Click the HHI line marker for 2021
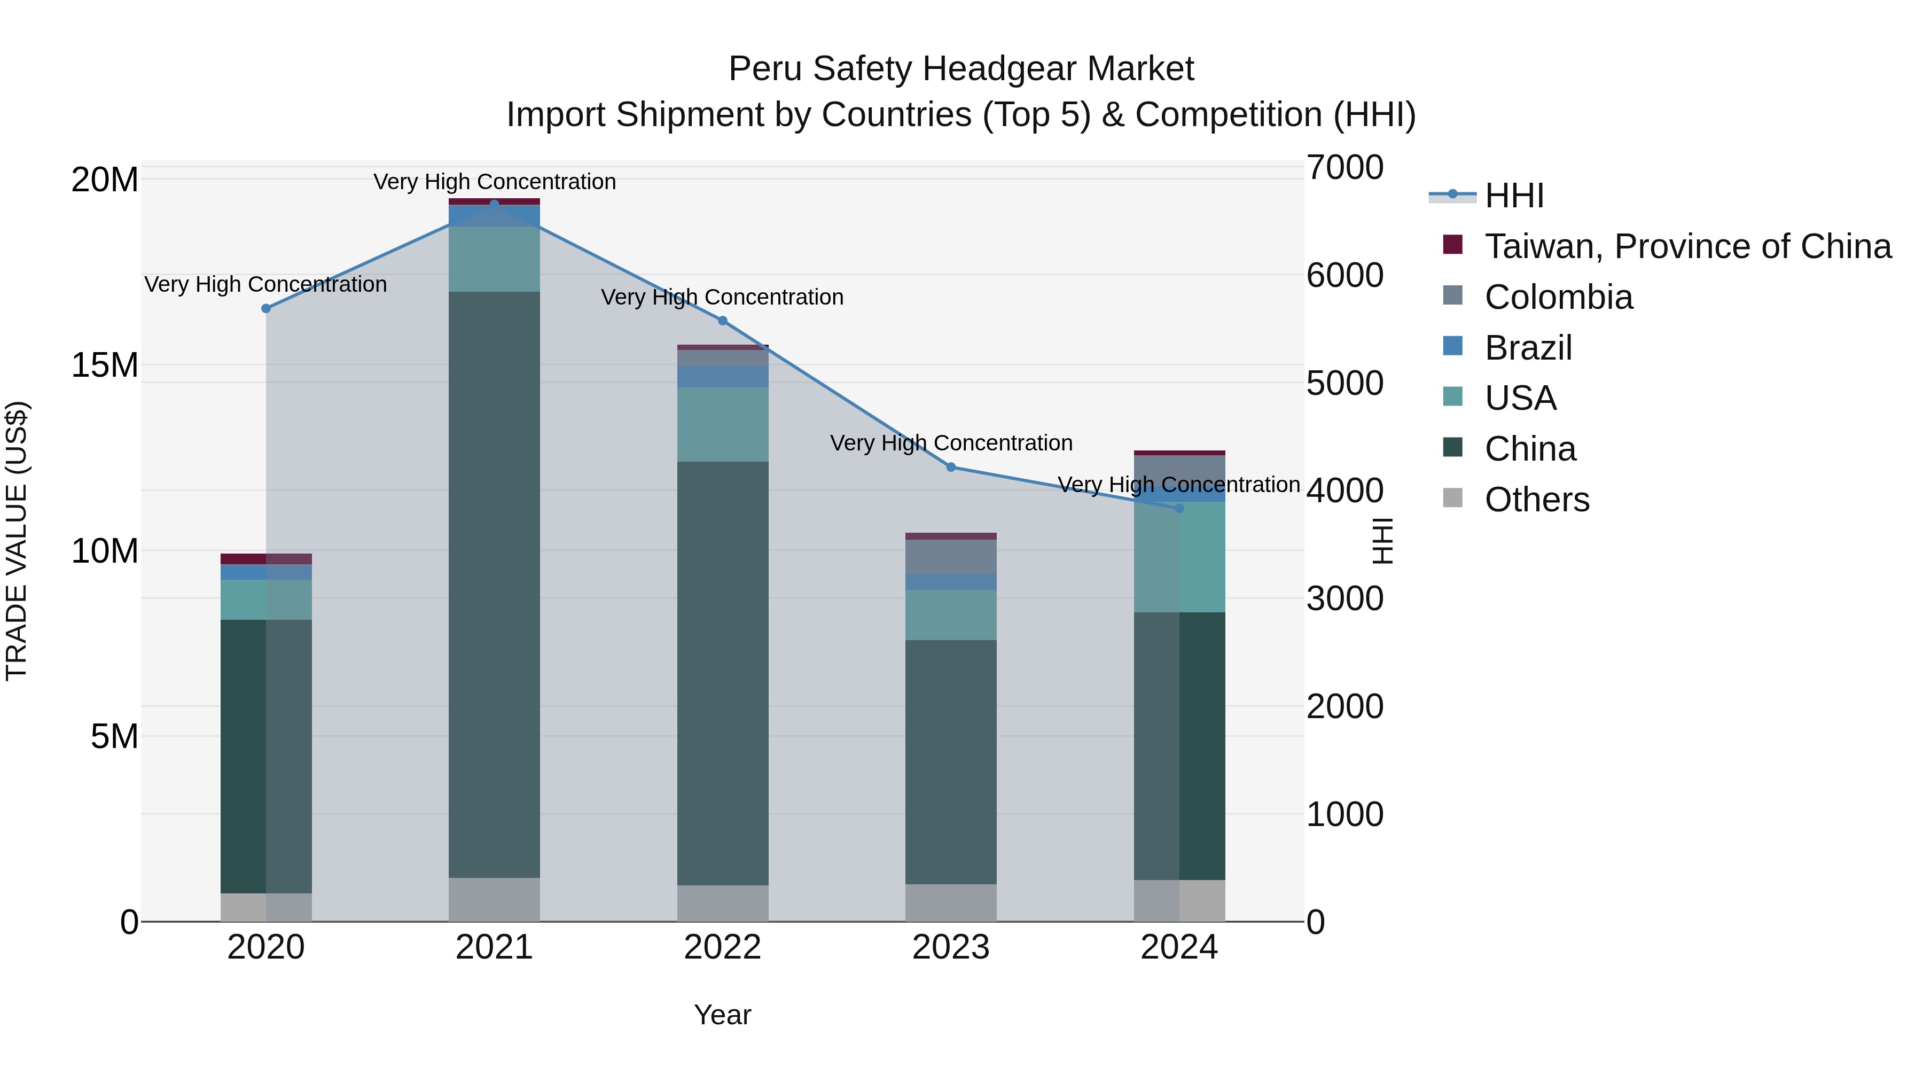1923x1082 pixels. point(494,204)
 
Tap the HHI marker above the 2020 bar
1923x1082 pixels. point(266,308)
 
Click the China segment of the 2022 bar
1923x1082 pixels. point(723,672)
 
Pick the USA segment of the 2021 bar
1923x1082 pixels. point(494,259)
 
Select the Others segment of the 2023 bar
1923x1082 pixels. point(951,903)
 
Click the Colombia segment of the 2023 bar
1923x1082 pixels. point(951,556)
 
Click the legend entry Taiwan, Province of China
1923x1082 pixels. point(1687,246)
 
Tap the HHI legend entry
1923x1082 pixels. point(1513,196)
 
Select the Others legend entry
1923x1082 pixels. point(1536,500)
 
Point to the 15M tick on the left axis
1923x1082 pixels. point(105,365)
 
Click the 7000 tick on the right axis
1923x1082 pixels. point(1344,167)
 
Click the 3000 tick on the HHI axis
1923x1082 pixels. point(1344,599)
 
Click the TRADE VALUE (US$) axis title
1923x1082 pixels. point(17,541)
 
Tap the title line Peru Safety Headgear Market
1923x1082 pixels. point(961,69)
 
